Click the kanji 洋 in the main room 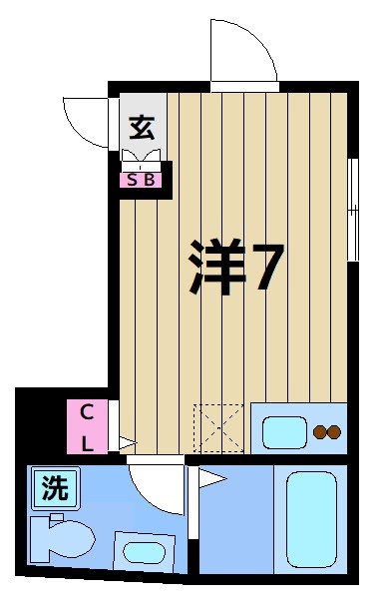tap(216, 267)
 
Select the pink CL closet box tap(87, 426)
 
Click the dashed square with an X tap(217, 427)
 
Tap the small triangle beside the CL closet tap(127, 441)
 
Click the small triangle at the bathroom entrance tap(210, 480)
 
